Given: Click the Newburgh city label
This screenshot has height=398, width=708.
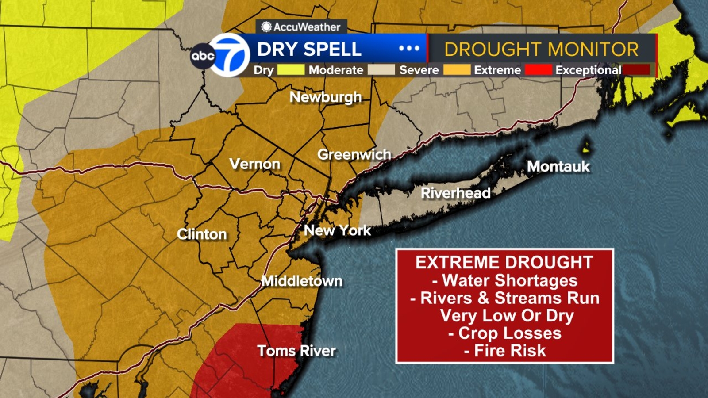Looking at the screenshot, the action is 325,97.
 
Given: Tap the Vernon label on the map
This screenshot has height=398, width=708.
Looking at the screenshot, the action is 255,164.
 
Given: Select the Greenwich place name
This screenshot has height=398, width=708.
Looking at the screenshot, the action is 354,154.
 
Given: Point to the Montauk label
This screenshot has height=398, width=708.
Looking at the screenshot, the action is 558,166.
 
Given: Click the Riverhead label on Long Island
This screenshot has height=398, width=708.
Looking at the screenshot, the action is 455,193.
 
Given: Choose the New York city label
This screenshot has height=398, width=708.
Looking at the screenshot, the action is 337,230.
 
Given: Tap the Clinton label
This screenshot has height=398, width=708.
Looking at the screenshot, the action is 202,234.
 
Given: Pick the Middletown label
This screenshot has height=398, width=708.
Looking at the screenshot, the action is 302,281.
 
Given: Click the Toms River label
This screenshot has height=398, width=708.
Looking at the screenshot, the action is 296,351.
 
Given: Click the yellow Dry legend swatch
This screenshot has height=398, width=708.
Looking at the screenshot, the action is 291,70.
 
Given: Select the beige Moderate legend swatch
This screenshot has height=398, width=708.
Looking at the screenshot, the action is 381,70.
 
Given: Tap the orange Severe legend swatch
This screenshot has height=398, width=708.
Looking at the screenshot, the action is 457,70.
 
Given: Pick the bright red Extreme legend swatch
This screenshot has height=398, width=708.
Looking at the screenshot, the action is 539,70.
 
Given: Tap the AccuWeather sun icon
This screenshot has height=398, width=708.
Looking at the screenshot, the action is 266,27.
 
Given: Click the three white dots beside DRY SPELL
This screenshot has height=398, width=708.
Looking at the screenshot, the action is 409,48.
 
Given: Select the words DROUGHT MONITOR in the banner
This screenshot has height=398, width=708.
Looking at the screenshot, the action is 541,50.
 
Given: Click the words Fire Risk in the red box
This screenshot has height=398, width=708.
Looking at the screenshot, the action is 510,351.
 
